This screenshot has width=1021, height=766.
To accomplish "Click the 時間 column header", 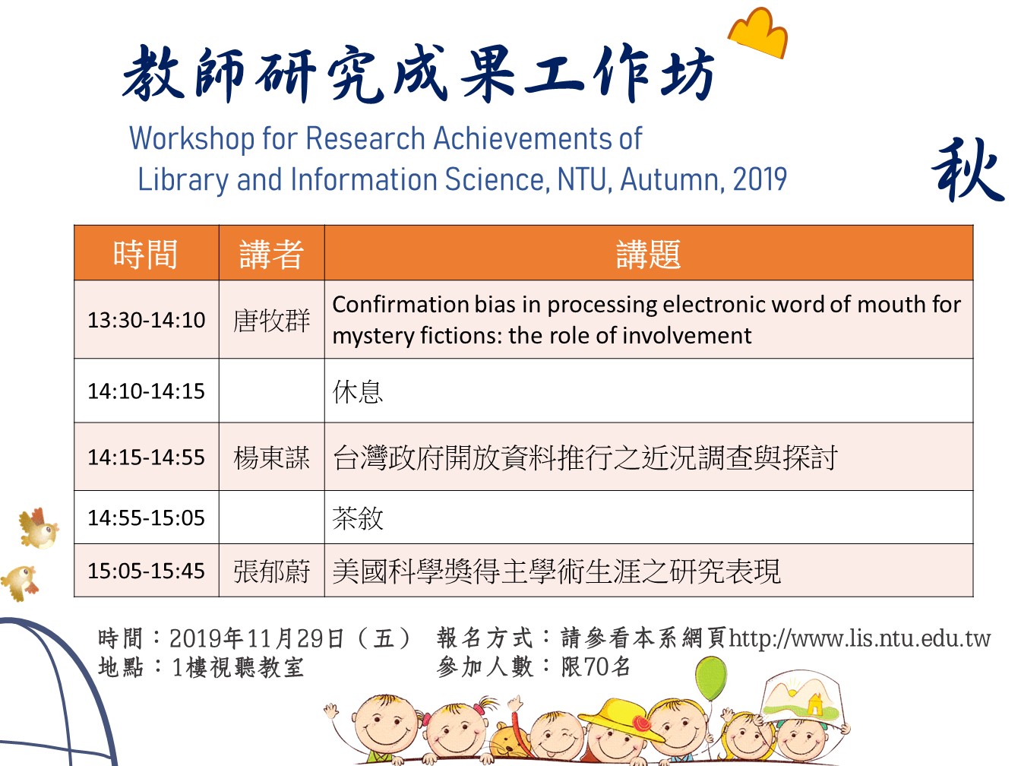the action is (x=146, y=254).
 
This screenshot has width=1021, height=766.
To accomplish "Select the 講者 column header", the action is (x=271, y=254).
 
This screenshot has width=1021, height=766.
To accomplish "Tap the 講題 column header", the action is (x=649, y=254).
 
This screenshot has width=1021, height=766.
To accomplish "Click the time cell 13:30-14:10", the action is (x=146, y=320).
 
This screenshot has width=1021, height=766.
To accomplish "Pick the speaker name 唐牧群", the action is (x=271, y=321).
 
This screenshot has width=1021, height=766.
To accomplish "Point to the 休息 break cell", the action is (x=357, y=391).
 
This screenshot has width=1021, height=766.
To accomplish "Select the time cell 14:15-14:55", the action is (x=146, y=457).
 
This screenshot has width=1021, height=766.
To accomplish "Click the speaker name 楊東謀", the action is (x=271, y=457).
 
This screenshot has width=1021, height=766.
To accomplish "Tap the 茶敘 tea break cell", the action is (x=357, y=518).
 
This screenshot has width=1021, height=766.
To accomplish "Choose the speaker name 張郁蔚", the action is (x=271, y=571).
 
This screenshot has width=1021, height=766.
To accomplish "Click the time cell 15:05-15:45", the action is (x=146, y=571).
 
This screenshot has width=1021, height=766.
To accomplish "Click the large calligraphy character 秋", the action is (x=968, y=170).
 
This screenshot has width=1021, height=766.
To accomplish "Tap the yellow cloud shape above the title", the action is (x=759, y=33).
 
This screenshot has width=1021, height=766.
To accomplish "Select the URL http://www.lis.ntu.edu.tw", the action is (x=860, y=638).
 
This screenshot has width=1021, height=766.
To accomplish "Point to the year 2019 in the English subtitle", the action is (x=760, y=179).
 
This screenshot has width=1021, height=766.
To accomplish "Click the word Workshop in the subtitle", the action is (x=192, y=138).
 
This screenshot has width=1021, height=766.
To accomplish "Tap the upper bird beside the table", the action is (x=39, y=528).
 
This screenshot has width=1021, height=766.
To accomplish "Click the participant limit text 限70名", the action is (x=596, y=667).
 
